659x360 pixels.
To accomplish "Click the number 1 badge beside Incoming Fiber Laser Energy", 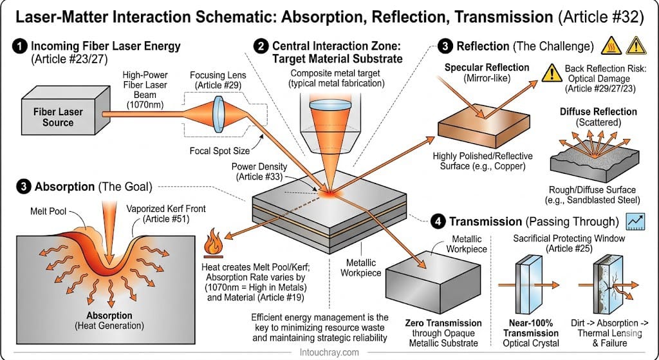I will [x=20, y=46].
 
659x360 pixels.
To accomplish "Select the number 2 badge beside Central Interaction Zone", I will [x=261, y=46].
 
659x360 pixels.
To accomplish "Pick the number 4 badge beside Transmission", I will [x=438, y=222].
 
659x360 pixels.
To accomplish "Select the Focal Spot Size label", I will [x=218, y=153].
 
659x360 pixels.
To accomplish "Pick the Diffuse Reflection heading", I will [x=589, y=111].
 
